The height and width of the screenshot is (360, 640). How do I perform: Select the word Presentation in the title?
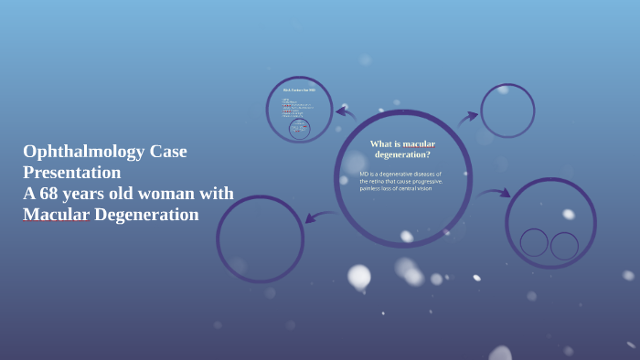point(72,173)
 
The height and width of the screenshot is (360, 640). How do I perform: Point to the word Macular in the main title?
point(56,215)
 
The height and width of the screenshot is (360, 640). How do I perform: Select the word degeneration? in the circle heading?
point(402,154)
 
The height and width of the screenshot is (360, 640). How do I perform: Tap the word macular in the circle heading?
point(419,144)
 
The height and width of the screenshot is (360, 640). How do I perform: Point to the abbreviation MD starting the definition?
point(364,174)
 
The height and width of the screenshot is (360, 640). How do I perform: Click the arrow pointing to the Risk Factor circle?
point(345,114)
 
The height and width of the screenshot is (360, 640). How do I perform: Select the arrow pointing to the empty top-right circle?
point(467,117)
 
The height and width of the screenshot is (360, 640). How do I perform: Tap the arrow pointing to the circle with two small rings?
point(495,193)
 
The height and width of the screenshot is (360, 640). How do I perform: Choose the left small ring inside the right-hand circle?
point(534,242)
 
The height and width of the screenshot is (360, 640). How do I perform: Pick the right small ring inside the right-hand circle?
point(564,245)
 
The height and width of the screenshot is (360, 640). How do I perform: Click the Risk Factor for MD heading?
point(299,90)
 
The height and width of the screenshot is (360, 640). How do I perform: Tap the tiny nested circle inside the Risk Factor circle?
point(299,129)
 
